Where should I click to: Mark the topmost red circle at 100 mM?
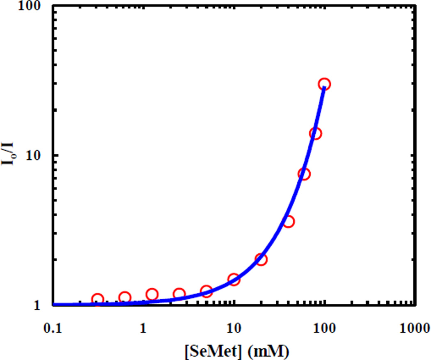325,84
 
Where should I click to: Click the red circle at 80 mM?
315,133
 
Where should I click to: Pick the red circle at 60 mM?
304,174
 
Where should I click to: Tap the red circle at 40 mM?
289,222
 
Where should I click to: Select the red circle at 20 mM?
261,259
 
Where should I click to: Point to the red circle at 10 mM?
234,280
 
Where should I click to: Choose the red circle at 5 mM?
206,291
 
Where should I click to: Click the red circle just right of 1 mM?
152,294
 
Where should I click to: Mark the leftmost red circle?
98,299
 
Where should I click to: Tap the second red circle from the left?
125,298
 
